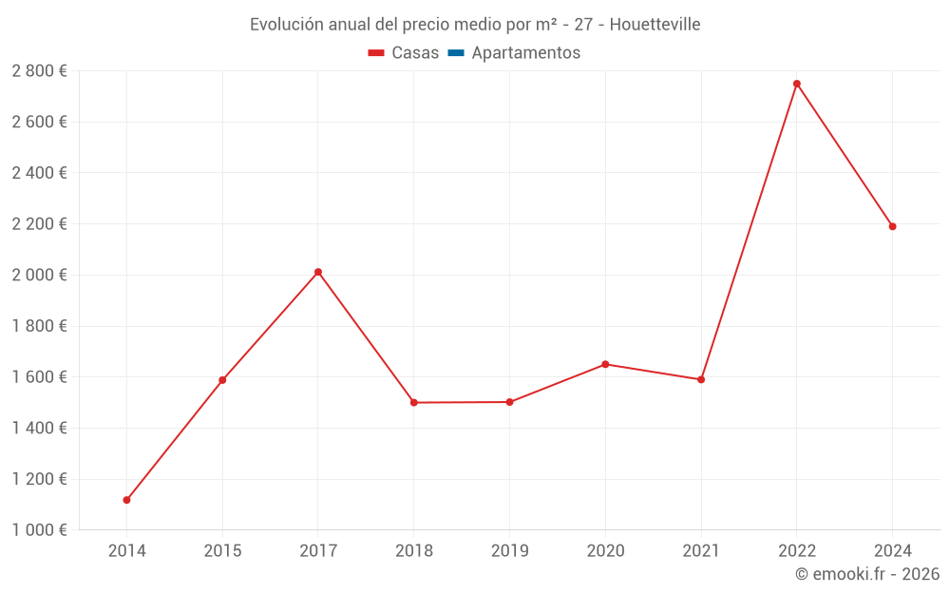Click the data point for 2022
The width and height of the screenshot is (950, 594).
click(797, 84)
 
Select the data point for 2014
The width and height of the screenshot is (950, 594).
click(126, 500)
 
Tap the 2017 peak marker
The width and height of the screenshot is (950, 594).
click(318, 272)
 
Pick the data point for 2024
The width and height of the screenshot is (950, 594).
click(892, 226)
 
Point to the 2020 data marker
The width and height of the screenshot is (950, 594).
click(605, 364)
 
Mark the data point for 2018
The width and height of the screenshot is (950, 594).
click(414, 402)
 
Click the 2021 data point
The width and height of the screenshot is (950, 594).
click(701, 379)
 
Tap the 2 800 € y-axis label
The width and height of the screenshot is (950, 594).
click(39, 70)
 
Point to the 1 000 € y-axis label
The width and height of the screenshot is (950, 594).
click(39, 530)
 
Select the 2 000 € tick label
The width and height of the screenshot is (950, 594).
click(39, 275)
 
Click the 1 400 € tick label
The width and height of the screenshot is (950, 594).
click(39, 428)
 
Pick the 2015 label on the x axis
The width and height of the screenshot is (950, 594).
click(222, 551)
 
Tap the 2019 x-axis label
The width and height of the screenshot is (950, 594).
click(509, 551)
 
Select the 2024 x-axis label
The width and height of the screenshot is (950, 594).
click(892, 551)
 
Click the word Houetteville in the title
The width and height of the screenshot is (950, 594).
click(655, 25)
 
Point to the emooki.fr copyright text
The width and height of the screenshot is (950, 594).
click(867, 574)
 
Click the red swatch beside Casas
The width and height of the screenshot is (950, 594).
click(376, 53)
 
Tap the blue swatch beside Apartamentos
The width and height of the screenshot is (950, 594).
click(456, 53)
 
